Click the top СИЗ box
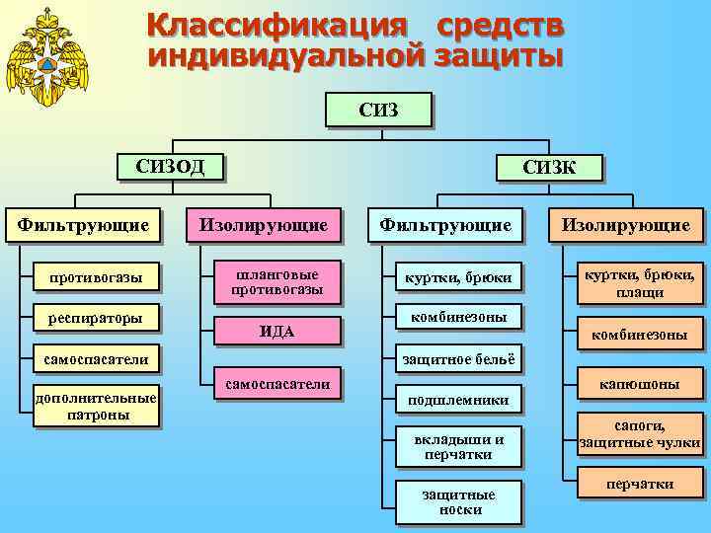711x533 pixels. (378, 109)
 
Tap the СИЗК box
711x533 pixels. (550, 167)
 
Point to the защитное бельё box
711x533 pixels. (457, 359)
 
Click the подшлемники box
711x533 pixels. (457, 399)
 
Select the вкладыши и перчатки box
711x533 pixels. (457, 446)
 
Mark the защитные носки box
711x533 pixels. (457, 501)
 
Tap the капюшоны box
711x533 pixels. (639, 384)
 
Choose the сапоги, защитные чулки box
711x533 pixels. (639, 434)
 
